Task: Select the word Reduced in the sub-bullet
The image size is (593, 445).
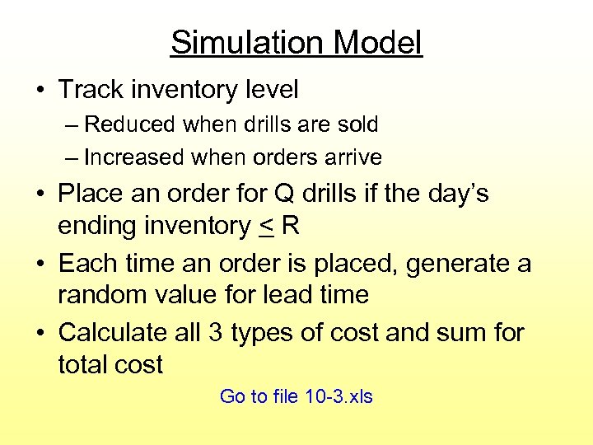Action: coord(130,124)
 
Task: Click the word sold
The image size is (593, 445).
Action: coord(359,124)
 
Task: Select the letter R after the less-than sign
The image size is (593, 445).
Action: coord(289,226)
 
